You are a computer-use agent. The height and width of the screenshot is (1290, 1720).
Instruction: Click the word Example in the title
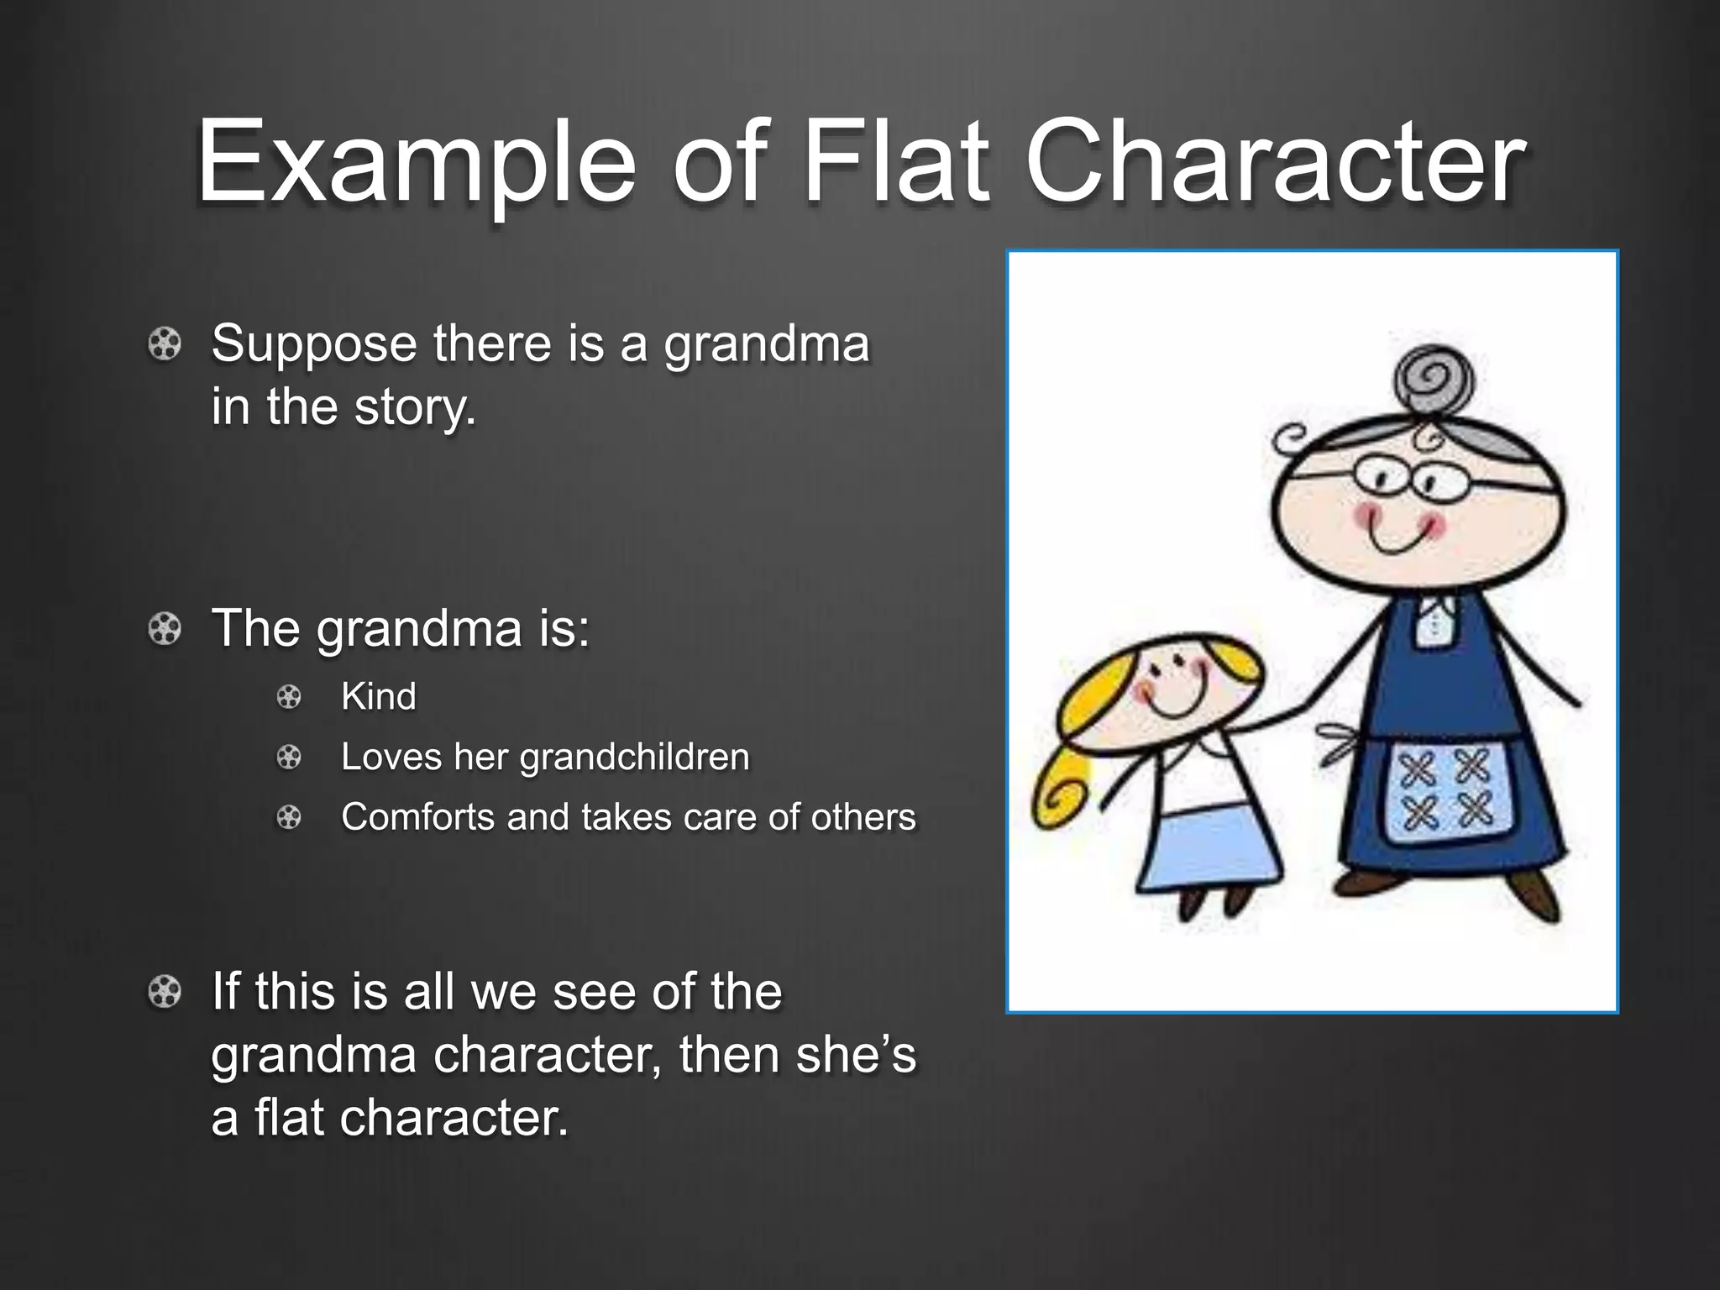tap(416, 161)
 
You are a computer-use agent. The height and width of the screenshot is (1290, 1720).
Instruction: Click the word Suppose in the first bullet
tap(314, 344)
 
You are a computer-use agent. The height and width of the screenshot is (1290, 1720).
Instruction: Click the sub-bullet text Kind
tap(379, 697)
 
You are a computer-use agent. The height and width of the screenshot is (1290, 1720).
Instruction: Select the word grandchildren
tap(634, 758)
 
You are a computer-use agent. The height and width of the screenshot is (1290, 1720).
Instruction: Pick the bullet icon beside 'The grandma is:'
tap(165, 629)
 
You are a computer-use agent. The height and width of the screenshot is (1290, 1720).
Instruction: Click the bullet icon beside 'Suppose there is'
tap(165, 345)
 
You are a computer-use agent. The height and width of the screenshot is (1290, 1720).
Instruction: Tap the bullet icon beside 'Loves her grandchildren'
tap(289, 758)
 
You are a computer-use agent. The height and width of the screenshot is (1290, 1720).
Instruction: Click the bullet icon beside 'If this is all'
tap(165, 993)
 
